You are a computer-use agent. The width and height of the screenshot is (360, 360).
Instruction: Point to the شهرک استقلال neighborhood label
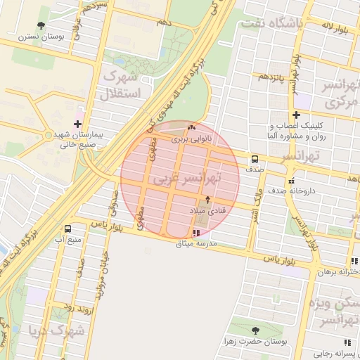(122, 84)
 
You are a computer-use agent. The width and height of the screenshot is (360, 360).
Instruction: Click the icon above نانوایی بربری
(193, 128)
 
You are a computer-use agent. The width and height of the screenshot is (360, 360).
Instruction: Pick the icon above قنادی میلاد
(207, 200)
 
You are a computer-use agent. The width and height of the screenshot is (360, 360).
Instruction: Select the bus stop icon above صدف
(255, 159)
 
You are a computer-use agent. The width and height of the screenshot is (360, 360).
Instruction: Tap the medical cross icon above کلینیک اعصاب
(296, 115)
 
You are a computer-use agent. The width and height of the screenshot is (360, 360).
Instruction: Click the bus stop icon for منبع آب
(68, 229)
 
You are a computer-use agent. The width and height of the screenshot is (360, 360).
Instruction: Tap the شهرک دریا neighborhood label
(56, 329)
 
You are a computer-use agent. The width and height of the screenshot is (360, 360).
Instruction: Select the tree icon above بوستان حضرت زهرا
(255, 330)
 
